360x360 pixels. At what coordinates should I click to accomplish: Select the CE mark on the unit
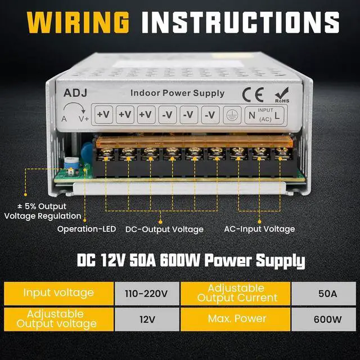coord(251,92)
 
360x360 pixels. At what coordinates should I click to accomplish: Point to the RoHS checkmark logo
coord(282,93)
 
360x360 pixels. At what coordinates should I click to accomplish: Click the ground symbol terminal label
coord(231,114)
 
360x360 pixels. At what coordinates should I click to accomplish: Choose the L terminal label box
coord(278,115)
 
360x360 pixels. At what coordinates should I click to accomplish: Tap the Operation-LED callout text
coord(87,229)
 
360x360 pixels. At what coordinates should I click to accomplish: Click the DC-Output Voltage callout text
coord(164,229)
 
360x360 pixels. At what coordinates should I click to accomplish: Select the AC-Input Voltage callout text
coord(259,229)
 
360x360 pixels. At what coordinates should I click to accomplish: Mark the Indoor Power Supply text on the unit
coord(177,93)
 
